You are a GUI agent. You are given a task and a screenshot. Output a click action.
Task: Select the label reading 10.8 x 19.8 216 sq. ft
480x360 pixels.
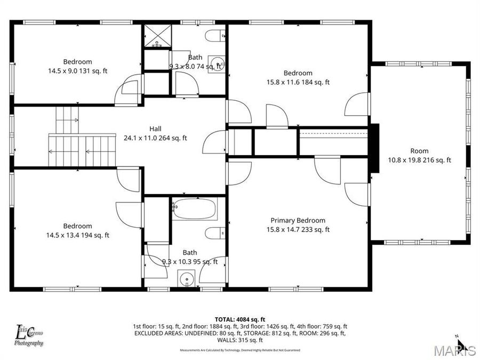(x=419, y=160)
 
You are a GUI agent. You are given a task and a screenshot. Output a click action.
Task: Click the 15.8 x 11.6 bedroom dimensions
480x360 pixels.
(x=298, y=82)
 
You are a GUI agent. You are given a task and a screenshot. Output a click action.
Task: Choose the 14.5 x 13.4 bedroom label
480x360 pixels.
(x=77, y=235)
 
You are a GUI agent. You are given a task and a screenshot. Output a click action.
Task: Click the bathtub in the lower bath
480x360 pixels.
(x=195, y=209)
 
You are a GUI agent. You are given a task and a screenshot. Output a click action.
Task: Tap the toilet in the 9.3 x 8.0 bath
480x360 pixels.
(x=216, y=36)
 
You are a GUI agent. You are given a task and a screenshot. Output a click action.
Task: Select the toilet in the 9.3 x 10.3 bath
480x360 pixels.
(x=216, y=233)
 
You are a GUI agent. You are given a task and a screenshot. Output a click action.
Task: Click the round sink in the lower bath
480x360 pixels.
(x=187, y=279)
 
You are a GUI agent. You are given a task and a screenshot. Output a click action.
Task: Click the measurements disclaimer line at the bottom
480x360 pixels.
(x=240, y=350)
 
